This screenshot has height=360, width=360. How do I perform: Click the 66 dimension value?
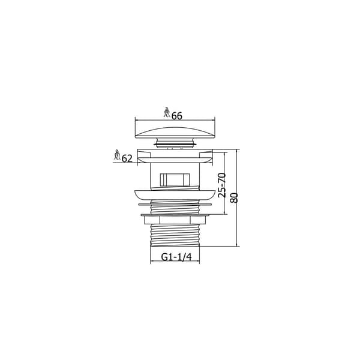(177, 116)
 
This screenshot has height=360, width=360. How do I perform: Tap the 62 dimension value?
(127, 158)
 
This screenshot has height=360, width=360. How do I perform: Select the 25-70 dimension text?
(222, 185)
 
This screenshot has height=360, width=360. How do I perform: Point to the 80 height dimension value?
(234, 197)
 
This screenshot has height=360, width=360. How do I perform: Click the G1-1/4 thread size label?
(176, 257)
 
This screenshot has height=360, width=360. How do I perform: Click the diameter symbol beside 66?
(167, 112)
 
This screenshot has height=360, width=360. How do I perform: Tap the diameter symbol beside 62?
(118, 155)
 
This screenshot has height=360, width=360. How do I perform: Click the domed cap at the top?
(175, 133)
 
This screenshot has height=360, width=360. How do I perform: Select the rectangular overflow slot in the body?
(175, 179)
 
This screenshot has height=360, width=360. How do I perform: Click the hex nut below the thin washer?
(175, 220)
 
